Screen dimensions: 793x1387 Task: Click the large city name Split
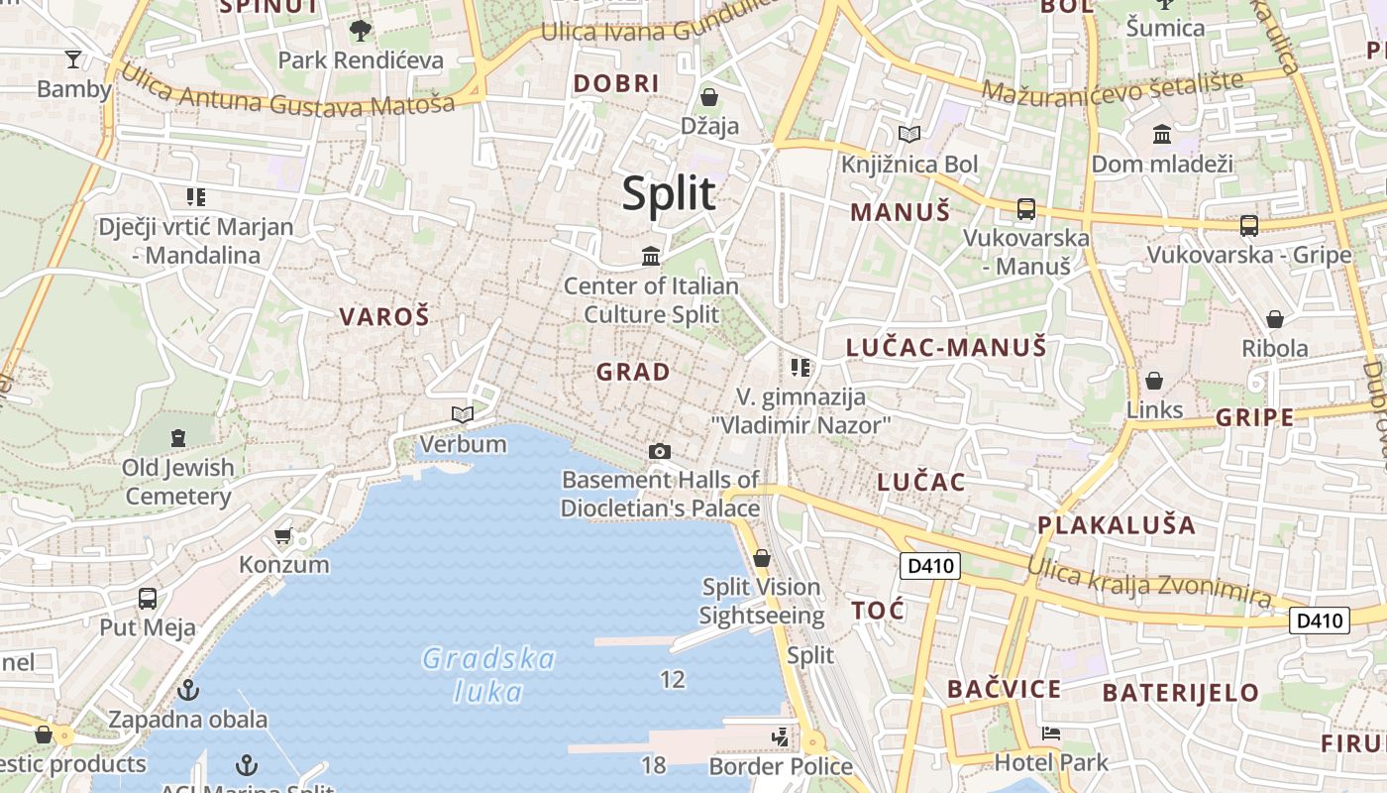point(669,193)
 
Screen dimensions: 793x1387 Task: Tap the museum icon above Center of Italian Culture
point(651,257)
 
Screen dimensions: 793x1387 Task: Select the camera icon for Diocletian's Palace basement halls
point(659,452)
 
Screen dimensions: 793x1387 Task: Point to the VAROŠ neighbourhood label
point(384,317)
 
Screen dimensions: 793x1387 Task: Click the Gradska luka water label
point(488,674)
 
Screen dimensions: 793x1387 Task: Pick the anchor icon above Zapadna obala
point(188,690)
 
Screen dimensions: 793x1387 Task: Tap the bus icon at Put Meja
point(148,599)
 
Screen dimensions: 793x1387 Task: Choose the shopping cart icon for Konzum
point(283,536)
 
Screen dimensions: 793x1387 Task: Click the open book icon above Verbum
point(462,414)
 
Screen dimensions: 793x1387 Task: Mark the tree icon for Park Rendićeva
point(361,30)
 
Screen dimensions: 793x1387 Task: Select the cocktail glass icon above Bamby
point(73,59)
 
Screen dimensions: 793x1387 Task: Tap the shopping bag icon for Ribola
point(1275,319)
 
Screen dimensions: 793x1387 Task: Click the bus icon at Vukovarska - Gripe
point(1248,226)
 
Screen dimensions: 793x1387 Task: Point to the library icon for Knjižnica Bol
point(908,134)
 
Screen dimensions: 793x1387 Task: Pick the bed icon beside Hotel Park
point(1051,735)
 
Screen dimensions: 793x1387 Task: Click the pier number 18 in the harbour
point(653,764)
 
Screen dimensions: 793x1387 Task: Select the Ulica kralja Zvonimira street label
point(1149,582)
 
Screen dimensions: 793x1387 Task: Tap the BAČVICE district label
point(1004,689)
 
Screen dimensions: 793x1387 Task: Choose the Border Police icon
point(782,736)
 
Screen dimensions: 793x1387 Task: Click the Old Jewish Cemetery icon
point(178,437)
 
